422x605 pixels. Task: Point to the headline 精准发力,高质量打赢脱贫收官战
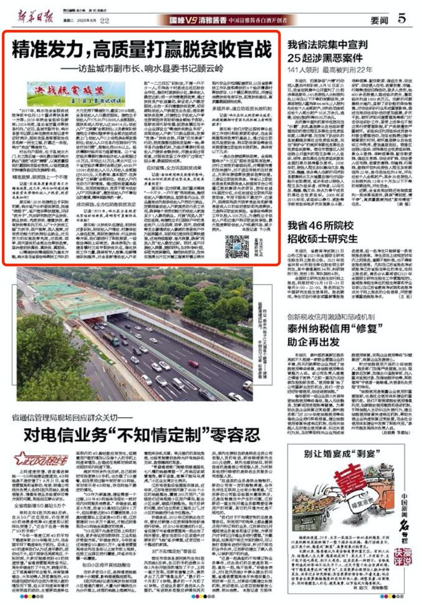[x=141, y=49]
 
